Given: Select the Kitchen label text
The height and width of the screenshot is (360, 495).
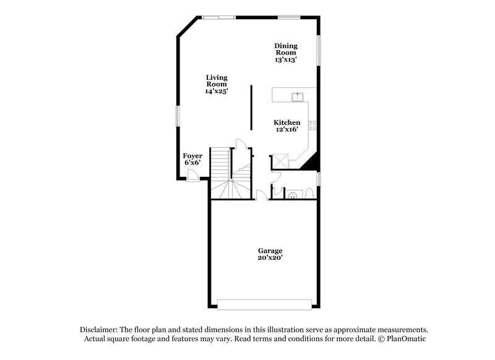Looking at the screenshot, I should coord(286,122).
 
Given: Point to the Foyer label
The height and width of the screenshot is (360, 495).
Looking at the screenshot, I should coord(192,156).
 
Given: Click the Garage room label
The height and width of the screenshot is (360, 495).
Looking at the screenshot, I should coord(270,251).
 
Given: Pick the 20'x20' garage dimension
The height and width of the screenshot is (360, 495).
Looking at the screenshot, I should coord(270,257).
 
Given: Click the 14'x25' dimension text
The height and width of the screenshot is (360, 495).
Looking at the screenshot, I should coord(217,91).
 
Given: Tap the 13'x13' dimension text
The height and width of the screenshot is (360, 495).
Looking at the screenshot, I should coord(286,60).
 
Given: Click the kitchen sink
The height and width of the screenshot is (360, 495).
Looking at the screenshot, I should coord(297,96).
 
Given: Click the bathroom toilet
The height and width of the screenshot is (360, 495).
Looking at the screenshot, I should coord(308,193).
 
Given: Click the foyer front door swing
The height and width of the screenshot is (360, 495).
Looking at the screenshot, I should coord(194,175).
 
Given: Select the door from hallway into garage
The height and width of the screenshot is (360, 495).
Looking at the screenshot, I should coord(261,195).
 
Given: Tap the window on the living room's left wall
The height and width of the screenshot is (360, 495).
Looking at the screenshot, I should coord(177,116).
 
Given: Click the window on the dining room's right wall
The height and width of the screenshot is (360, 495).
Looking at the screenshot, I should coord(320,49).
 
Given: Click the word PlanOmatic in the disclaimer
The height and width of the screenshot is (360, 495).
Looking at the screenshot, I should coord(406,339).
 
